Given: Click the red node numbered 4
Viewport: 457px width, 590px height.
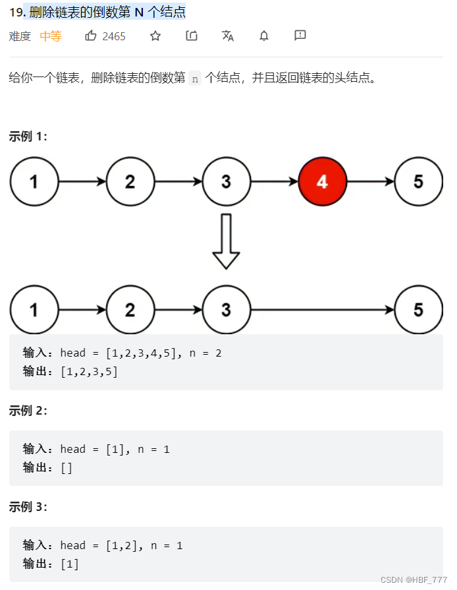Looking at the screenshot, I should coord(322,181).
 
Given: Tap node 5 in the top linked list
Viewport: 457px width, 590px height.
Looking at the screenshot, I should coord(418,181).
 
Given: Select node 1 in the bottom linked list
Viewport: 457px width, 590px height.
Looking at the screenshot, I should coord(34,310).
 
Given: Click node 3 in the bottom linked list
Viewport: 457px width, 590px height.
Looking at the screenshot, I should coord(226,310).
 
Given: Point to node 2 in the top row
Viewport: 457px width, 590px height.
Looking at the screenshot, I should coord(130,181).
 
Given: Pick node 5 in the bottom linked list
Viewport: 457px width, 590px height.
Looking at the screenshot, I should coord(418,310).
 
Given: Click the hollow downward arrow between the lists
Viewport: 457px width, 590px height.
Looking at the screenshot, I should coord(226,241).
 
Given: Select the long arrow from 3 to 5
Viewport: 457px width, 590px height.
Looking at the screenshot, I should coord(323,310).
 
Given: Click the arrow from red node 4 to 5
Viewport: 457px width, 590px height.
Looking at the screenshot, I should coord(370,181).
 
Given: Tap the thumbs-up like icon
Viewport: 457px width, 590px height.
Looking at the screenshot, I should coord(91,36).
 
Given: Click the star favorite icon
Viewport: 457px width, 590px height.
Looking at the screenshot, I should coord(155,36).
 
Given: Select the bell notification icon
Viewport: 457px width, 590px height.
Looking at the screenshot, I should coord(264,36).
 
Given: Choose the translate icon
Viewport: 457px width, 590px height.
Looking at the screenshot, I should coord(228,36).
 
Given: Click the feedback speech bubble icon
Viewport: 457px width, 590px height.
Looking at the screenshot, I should coord(300,36).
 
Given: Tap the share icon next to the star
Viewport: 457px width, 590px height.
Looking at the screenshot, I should coord(192,36).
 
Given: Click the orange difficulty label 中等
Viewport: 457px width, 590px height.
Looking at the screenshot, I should coord(51,36).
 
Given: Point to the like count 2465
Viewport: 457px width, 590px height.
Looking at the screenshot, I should coord(114,36).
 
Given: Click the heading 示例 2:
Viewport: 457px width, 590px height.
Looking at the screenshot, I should coord(28,411).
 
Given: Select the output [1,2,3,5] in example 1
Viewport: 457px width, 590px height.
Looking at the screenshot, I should coord(89,371).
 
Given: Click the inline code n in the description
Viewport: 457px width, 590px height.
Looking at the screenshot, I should coord(194,78).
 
